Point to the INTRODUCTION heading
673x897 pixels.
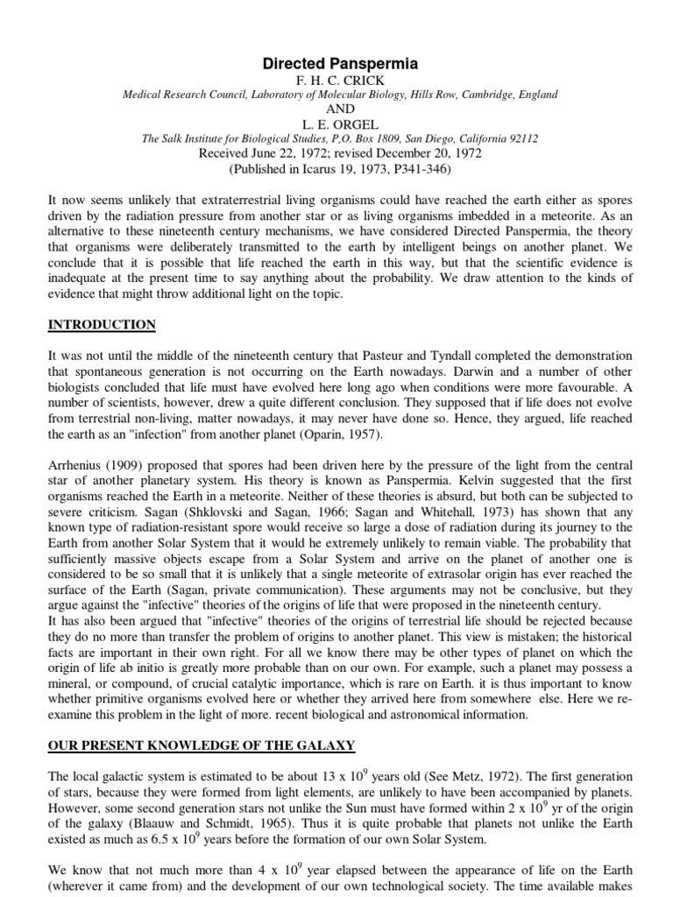click(x=102, y=325)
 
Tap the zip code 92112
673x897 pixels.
click(x=520, y=138)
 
